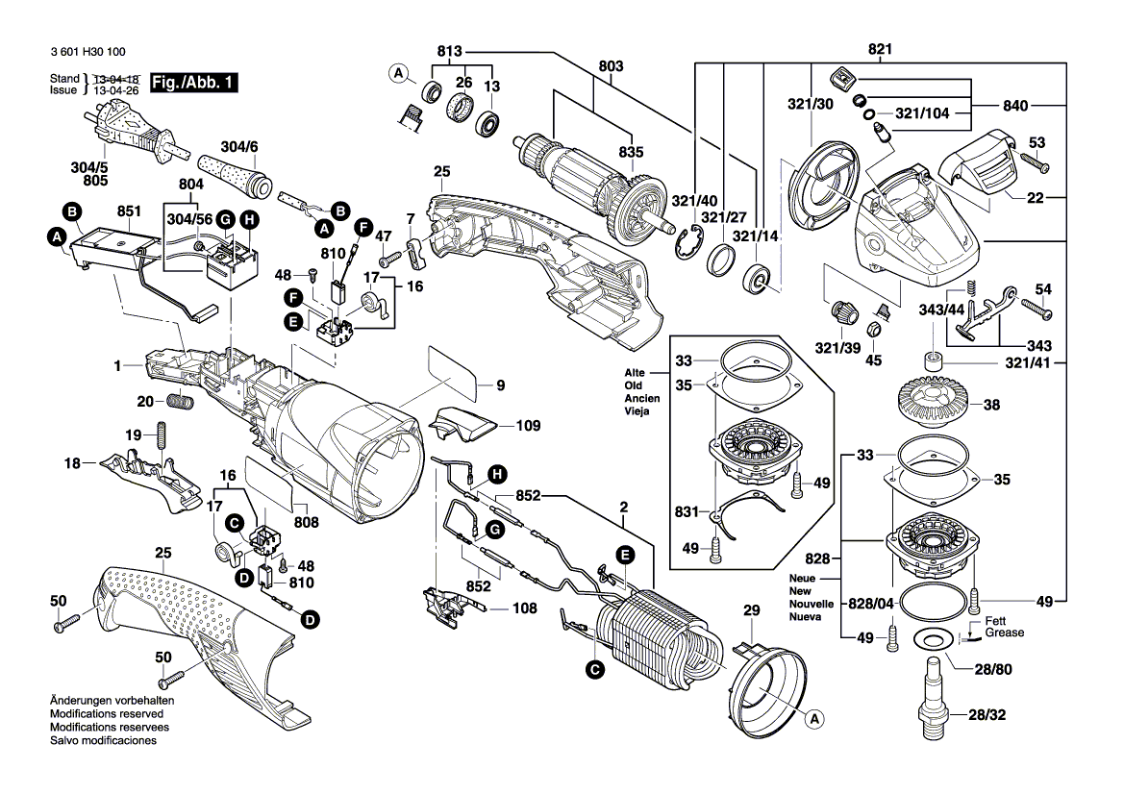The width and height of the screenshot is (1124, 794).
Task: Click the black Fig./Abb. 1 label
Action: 192,84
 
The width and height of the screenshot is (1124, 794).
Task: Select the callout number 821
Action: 880,49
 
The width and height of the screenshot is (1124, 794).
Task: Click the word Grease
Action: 1004,633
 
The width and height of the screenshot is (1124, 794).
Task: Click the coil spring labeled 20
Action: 181,400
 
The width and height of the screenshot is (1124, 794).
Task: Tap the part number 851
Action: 129,211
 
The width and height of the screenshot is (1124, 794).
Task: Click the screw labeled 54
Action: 1037,310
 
